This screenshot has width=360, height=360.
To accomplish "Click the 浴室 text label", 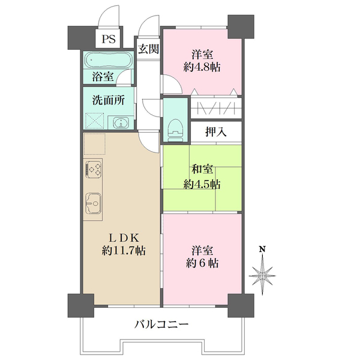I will click(103, 76).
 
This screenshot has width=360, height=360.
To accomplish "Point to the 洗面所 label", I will click(109, 100).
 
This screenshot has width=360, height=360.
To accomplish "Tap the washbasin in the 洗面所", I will click(121, 124).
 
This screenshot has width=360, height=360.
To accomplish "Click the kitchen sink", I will click(94, 202).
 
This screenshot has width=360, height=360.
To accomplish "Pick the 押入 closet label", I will click(216, 132).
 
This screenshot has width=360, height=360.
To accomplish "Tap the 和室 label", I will click(202, 170).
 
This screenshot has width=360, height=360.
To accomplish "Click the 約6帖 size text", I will click(202, 263).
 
